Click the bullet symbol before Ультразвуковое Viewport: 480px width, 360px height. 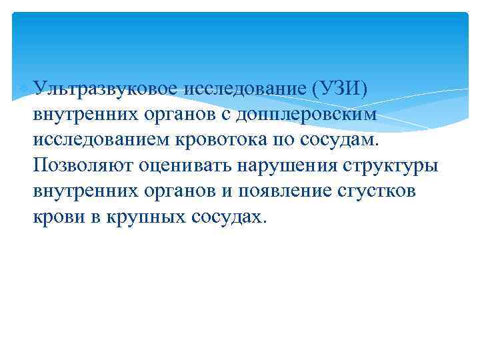(26, 87)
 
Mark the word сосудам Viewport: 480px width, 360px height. (354, 139)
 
